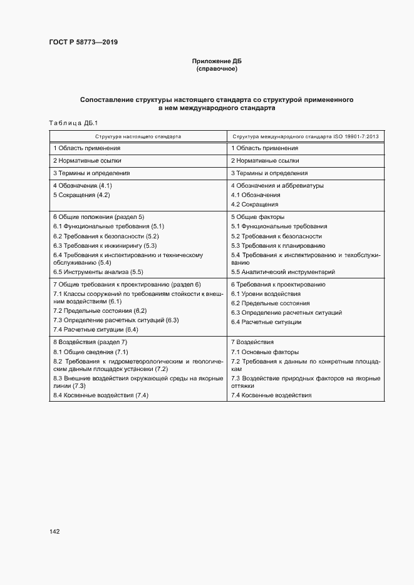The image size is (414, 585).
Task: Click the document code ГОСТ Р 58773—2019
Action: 83,42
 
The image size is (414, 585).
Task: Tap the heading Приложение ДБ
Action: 216,61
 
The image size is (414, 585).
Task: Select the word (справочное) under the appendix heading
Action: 216,69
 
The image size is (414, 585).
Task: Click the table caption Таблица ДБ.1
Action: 70,123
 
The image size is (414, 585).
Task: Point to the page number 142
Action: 54,531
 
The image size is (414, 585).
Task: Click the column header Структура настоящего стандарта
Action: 138,136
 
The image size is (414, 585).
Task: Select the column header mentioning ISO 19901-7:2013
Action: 309,136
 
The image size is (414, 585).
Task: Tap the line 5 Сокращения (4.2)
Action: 81,195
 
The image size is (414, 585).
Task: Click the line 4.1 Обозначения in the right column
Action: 256,195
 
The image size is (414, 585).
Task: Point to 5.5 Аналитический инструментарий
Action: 283,272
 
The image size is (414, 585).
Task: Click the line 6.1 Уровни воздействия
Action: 266,293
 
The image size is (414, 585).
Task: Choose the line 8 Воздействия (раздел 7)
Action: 90,342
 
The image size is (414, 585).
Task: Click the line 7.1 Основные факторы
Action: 265,352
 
